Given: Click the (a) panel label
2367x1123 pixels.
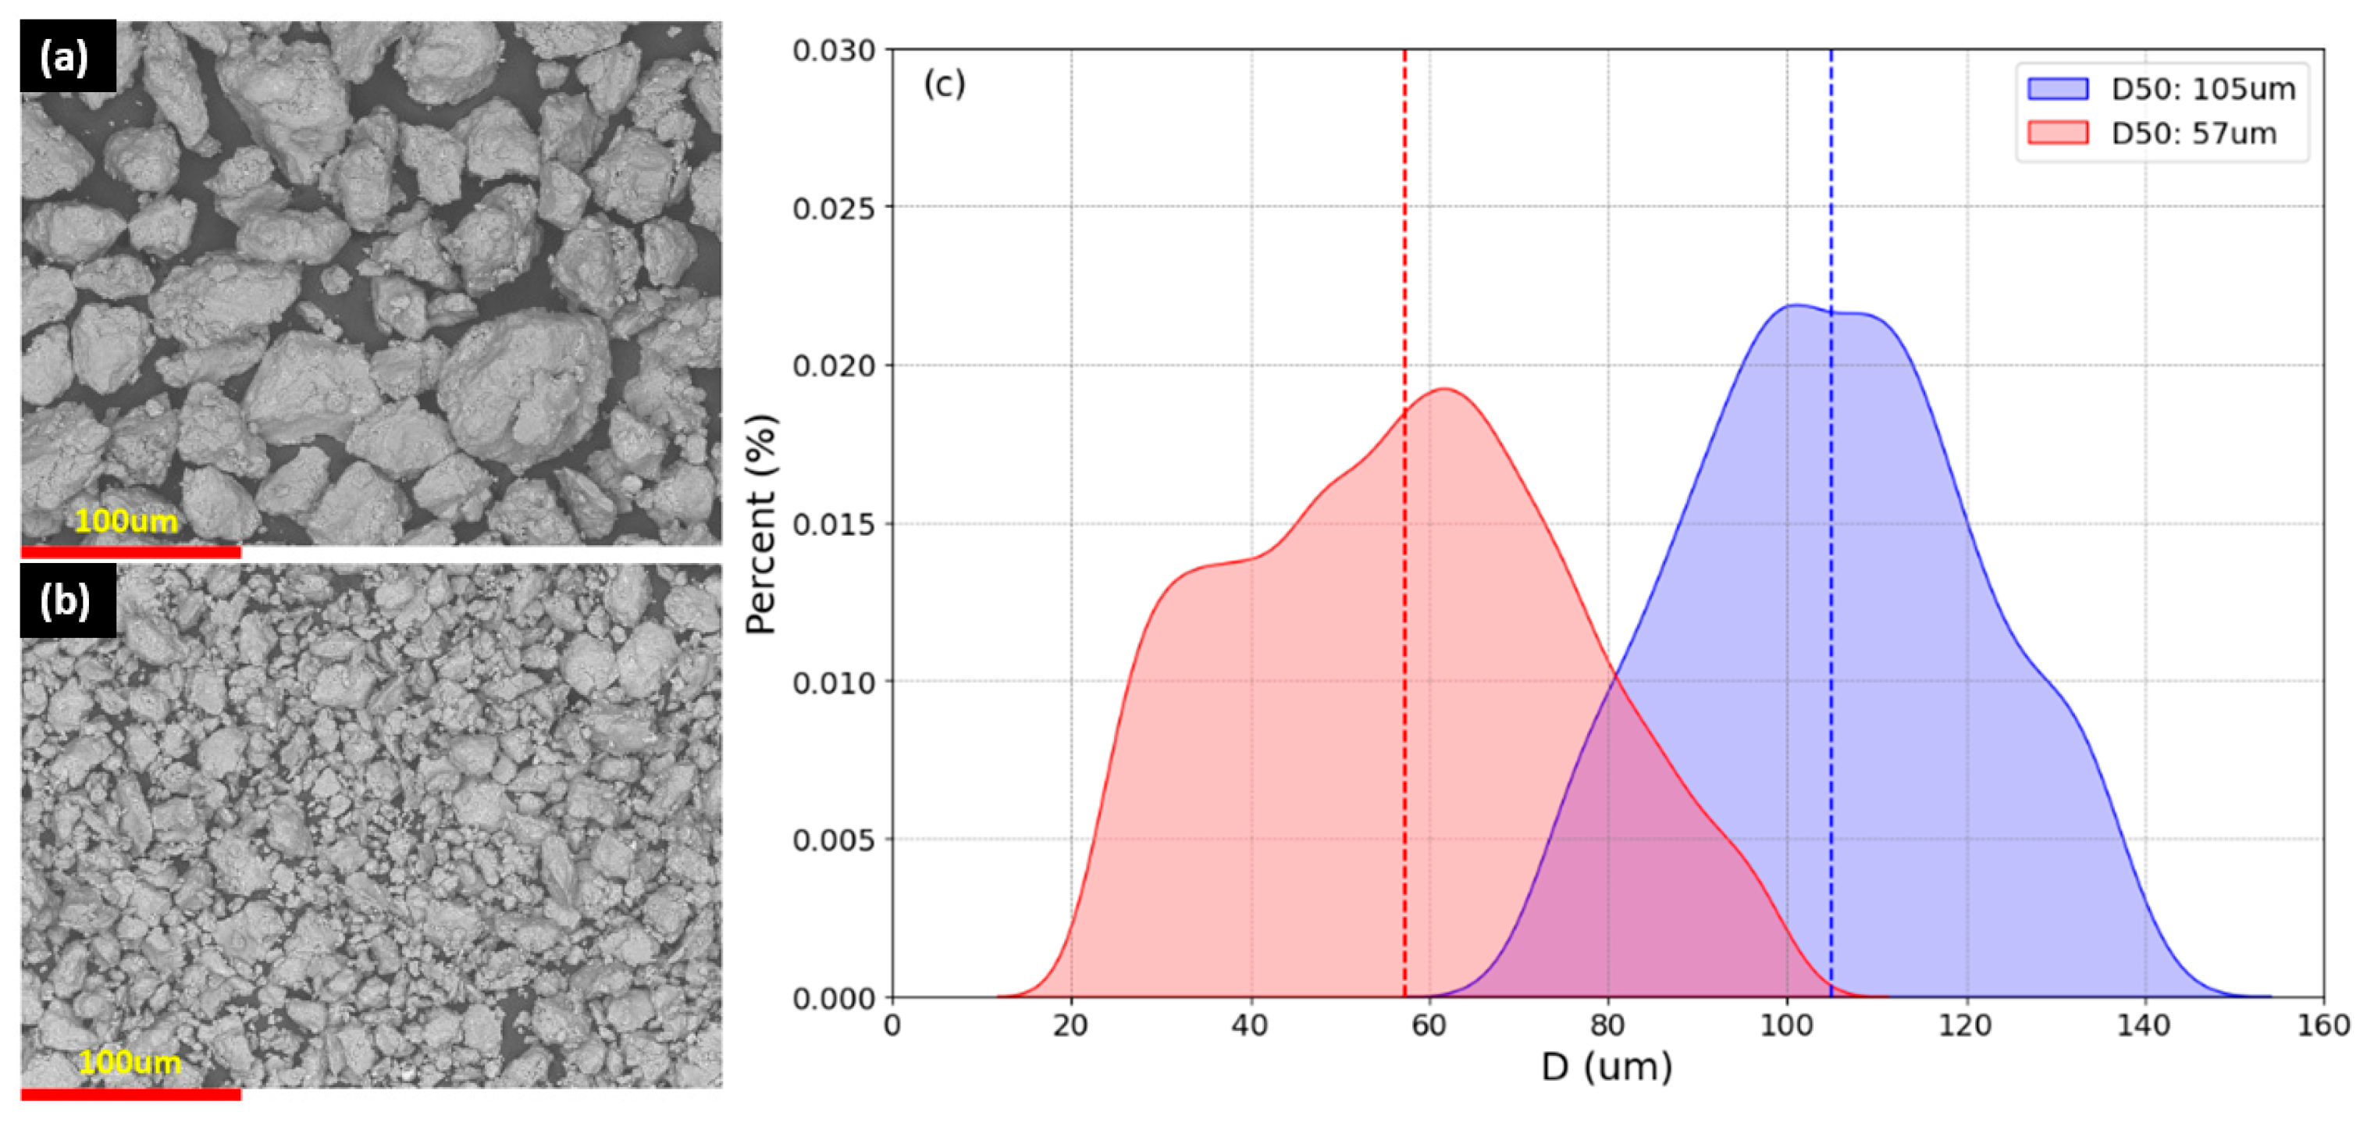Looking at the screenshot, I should pos(66,57).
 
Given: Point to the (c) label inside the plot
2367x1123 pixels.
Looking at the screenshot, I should pos(944,84).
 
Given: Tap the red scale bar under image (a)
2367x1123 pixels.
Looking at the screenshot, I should pos(130,552).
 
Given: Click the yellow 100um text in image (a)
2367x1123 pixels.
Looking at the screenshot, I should pos(126,521).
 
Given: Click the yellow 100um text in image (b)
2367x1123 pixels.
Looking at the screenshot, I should pos(130,1062).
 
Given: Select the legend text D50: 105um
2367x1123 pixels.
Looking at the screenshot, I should pos(2203,89).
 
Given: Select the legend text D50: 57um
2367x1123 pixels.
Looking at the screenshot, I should pos(2194,134).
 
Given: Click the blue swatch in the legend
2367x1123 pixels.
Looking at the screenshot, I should pos(2057,88).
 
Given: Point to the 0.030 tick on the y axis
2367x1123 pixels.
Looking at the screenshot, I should pos(834,51).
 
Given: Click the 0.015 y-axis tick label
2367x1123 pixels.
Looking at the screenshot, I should pos(834,525).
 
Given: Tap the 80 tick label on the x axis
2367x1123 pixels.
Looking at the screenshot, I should pos(1608,1025).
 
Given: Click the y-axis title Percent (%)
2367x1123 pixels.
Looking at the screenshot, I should pos(762,524).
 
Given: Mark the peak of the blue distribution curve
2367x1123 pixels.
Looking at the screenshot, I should pos(1795,305).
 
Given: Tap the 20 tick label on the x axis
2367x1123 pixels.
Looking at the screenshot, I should pos(1071,1025).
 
